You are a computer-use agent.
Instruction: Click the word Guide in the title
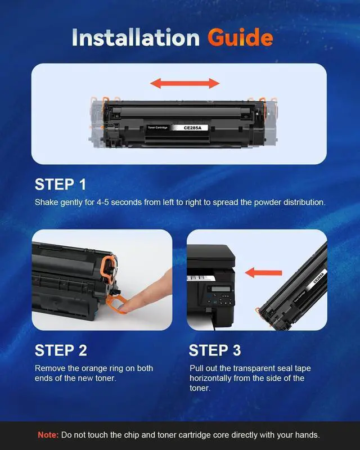[x=240, y=38]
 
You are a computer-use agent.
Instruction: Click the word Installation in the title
[x=136, y=37]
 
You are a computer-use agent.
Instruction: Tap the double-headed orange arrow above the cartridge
[x=185, y=83]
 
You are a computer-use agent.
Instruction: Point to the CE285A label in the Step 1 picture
[x=192, y=128]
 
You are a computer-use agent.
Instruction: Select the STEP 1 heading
[x=60, y=184]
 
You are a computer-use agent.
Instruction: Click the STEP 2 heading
[x=61, y=350]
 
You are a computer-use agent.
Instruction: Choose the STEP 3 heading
[x=215, y=350]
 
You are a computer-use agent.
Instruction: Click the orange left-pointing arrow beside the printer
[x=264, y=272]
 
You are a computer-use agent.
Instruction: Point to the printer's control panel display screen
[x=220, y=289]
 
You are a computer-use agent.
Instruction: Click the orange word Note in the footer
[x=48, y=435]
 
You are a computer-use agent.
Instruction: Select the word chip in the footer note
[x=132, y=435]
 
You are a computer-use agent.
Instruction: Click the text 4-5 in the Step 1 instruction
[x=103, y=202]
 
